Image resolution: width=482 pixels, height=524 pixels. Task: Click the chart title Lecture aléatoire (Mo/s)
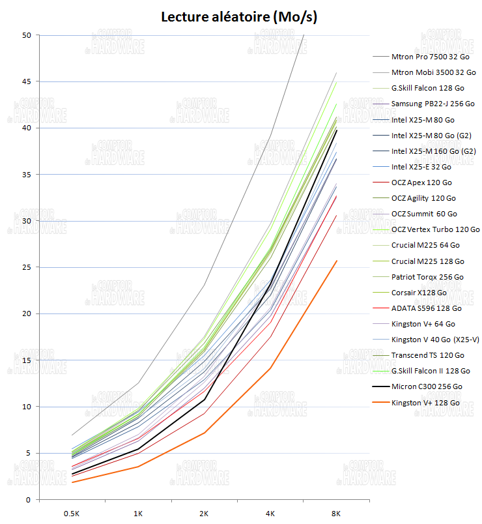[x=239, y=17]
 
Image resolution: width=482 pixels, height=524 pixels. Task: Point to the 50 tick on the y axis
[x=27, y=35]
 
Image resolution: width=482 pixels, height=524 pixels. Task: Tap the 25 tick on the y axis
[x=27, y=267]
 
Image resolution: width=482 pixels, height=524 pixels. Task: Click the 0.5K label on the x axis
[x=72, y=514]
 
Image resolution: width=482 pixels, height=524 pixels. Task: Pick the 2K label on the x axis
[x=204, y=514]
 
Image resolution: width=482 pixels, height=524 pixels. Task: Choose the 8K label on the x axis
[x=336, y=514]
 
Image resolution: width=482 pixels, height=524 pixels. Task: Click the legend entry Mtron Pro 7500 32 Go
[x=431, y=57]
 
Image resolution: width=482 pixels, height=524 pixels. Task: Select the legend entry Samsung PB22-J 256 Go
[x=432, y=104]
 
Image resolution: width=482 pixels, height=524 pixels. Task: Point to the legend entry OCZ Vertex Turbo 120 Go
[x=435, y=229]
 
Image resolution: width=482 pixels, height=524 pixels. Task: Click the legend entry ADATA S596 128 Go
[x=426, y=308]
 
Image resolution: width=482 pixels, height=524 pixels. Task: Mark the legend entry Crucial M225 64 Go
[x=426, y=245]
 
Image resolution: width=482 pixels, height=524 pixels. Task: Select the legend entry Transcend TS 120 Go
[x=428, y=355]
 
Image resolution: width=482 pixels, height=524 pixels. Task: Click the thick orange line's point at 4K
[x=270, y=368]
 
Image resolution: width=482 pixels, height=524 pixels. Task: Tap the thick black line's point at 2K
[x=204, y=399]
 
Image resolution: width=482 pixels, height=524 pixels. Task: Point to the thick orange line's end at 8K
[x=336, y=261]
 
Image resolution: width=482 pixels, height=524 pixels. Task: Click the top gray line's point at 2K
[x=204, y=285]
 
